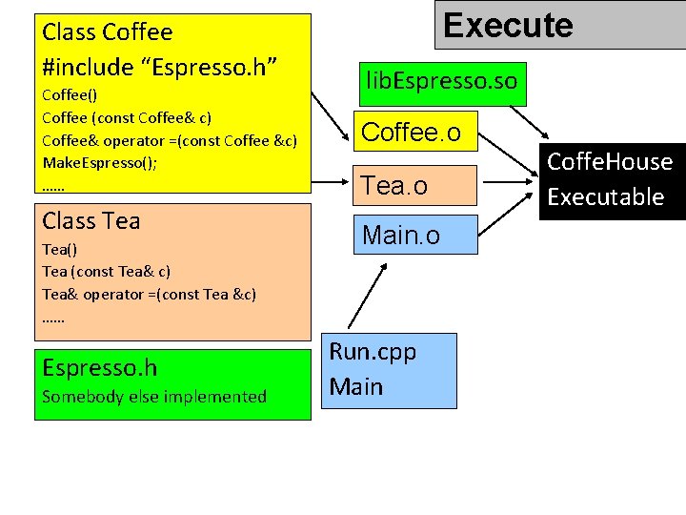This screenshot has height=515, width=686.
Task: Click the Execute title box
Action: coord(559,25)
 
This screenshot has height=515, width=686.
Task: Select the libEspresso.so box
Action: coord(441,80)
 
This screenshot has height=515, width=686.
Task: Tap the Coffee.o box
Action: coord(412,133)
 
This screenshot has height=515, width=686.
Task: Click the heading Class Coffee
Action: coord(108,32)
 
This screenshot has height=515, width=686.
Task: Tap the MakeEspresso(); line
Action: coord(100,163)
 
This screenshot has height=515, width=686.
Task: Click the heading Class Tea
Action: coord(91,221)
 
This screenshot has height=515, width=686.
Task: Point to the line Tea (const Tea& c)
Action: coord(106,271)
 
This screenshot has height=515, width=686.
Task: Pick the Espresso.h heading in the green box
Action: coord(100,368)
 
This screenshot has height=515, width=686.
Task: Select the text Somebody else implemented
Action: coord(154,397)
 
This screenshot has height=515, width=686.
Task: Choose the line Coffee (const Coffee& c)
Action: coord(127,117)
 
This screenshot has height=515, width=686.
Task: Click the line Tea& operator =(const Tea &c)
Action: coord(149,294)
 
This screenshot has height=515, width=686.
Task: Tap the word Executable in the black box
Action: coord(605,197)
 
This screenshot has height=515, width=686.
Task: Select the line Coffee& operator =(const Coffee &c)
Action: coord(170,140)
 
